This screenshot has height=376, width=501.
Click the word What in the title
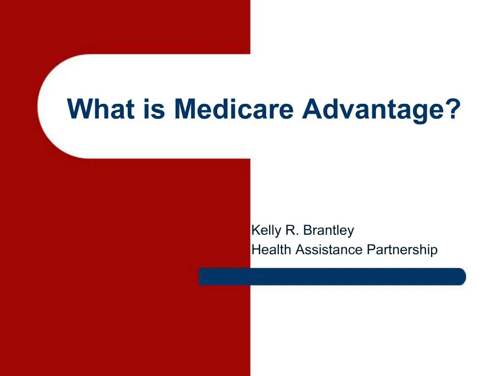(101, 109)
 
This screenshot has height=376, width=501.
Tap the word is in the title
(154, 109)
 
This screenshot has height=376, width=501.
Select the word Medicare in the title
(233, 109)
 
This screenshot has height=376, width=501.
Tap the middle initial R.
(292, 230)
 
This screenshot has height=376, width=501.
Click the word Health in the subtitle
(271, 249)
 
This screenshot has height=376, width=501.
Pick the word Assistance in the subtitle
(329, 249)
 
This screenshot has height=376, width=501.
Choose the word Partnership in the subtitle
(402, 250)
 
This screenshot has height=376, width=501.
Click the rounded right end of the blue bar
(462, 277)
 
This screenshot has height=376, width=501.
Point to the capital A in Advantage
(312, 109)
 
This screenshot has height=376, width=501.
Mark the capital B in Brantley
(307, 230)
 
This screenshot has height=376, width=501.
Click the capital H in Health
(256, 249)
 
